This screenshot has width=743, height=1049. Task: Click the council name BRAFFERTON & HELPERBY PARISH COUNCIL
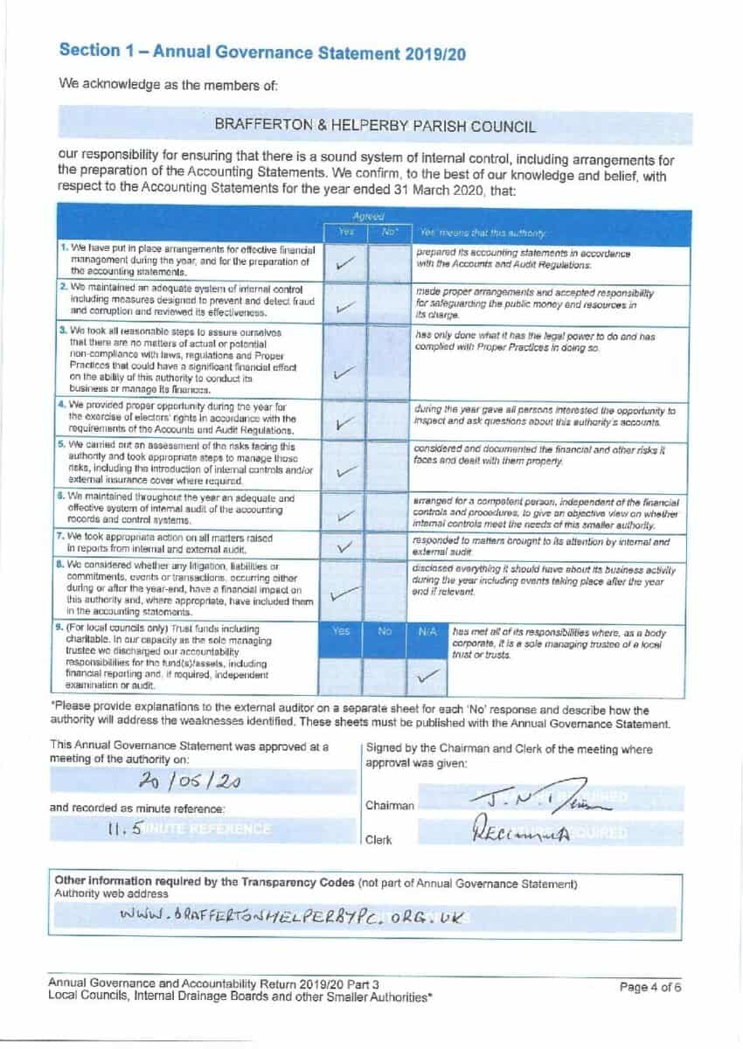point(375,126)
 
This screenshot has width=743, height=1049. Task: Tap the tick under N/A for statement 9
point(428,675)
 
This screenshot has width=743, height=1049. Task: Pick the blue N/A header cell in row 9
point(428,629)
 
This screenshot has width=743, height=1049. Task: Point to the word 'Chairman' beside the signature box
point(390,805)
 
